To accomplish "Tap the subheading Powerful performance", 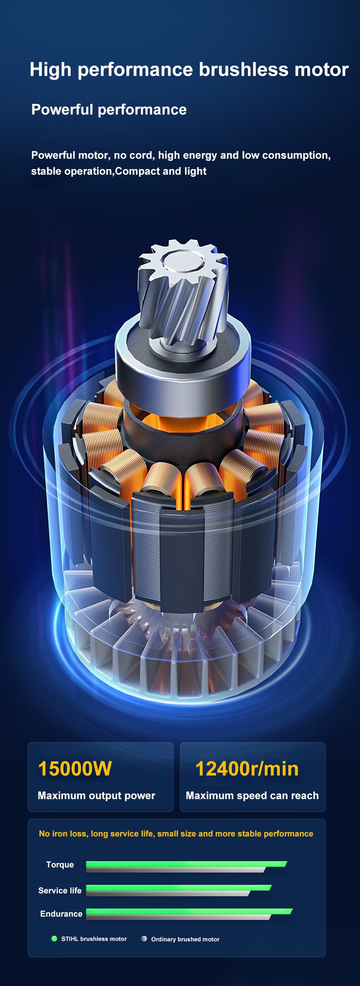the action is [109, 110].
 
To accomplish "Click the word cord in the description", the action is [142, 155].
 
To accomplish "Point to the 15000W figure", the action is [75, 769].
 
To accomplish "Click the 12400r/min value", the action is [247, 769].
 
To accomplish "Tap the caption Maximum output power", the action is [97, 796].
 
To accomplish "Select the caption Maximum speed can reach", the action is [252, 796].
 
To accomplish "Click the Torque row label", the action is [60, 865].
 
